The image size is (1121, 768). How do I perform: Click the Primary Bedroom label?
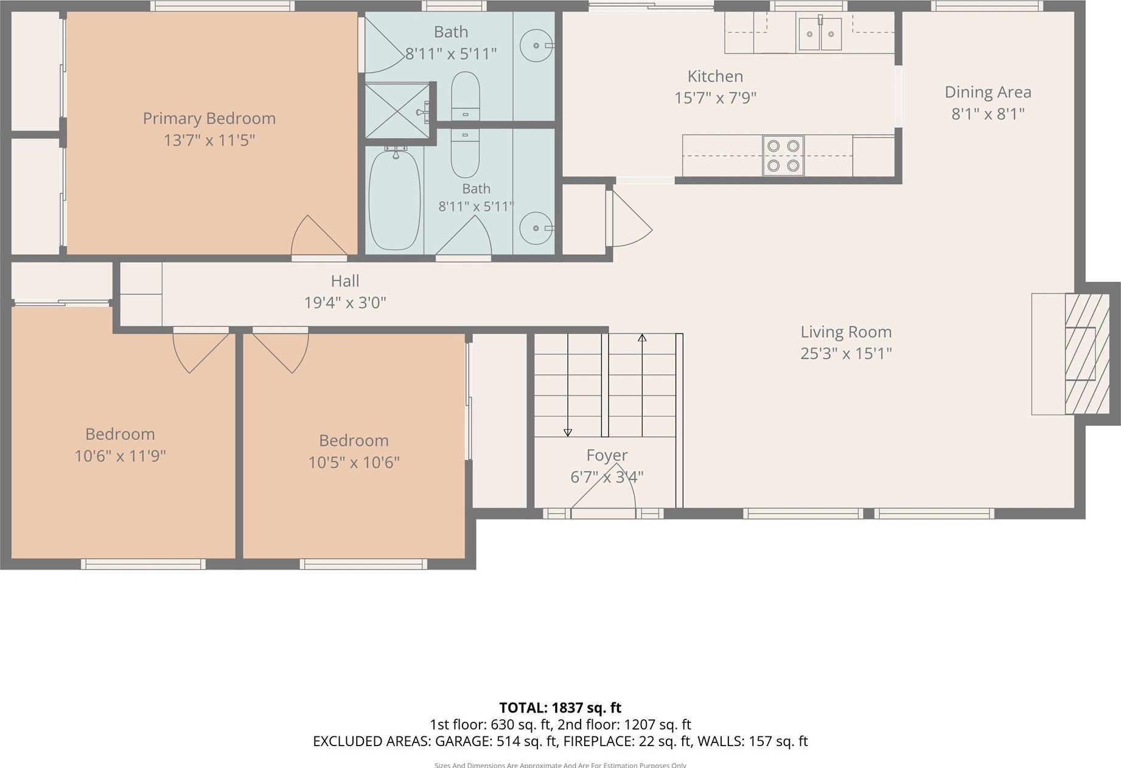[209, 118]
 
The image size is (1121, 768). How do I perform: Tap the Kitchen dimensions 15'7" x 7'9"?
[715, 97]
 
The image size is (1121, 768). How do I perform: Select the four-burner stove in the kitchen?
[783, 156]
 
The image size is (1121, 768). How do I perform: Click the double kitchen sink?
[820, 33]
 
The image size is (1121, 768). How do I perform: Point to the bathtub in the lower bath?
[394, 200]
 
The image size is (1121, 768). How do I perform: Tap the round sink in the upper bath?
[536, 46]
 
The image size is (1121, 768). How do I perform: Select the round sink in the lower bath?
[536, 228]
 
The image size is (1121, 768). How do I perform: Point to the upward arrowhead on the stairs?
[642, 337]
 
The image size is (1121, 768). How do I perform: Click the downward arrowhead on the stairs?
[568, 433]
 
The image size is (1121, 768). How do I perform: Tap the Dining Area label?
[988, 93]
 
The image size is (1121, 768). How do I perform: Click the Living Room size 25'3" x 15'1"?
[846, 353]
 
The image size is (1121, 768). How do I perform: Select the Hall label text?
[345, 281]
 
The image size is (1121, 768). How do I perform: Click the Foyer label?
[607, 455]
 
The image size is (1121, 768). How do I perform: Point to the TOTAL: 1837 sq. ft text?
[560, 708]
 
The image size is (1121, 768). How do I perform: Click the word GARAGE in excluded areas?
[469, 741]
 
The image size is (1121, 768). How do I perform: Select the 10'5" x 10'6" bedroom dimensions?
[354, 463]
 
